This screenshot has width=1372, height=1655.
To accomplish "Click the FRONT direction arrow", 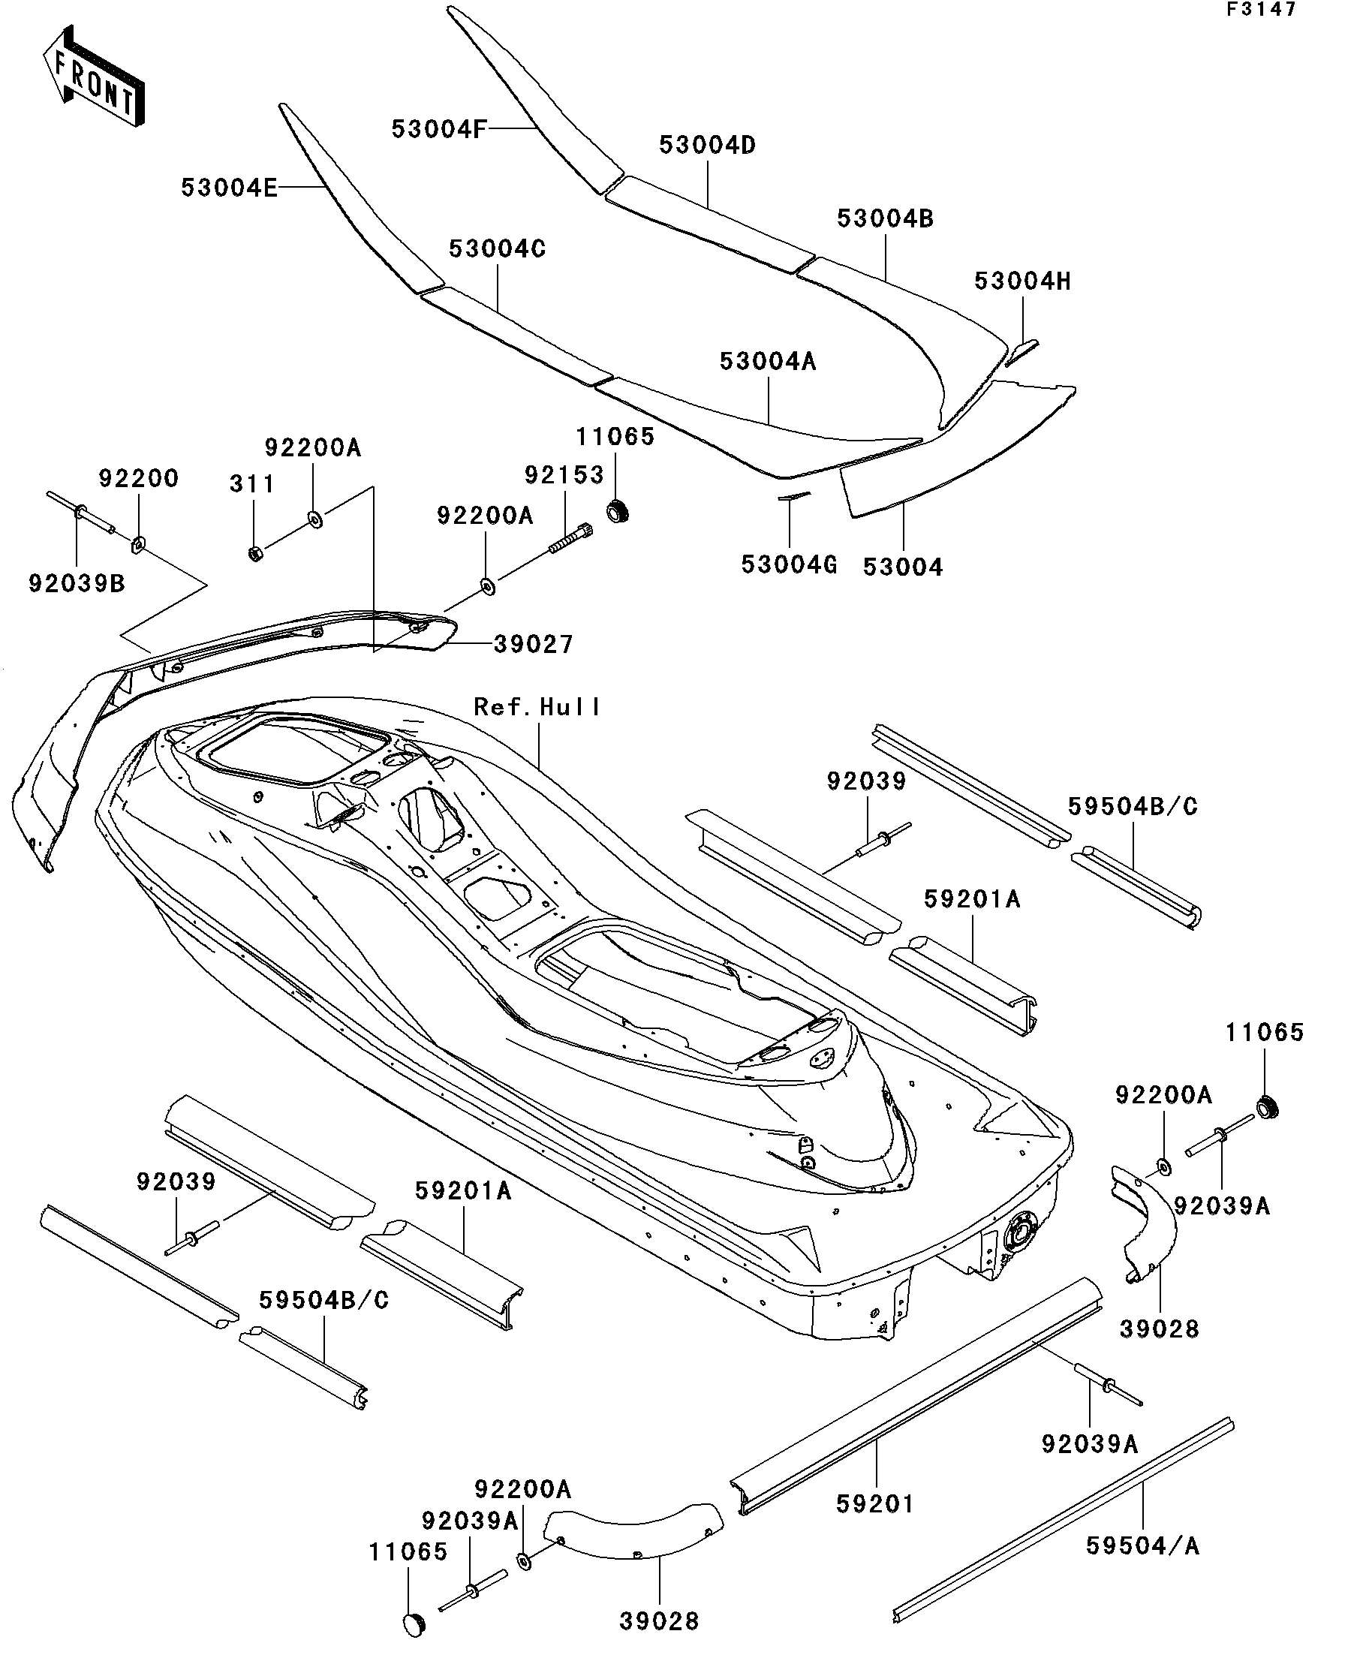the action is pos(94,77).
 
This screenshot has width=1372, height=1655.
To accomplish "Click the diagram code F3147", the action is pos(1260,10).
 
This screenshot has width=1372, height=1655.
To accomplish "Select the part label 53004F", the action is pos(440,129).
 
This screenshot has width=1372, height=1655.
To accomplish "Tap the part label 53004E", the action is pos(228,188).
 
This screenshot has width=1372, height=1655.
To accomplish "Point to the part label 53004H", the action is pos(1023,281).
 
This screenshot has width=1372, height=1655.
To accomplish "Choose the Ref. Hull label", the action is pos(537,707).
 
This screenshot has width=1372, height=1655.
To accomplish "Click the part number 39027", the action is pos(534,644).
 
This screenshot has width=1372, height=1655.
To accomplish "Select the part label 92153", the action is pos(564,474).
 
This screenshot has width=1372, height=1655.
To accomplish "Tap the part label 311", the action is pos(252,484).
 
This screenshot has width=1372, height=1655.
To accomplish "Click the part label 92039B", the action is pos(77,583).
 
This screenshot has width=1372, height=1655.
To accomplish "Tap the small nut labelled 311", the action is pos(255,553).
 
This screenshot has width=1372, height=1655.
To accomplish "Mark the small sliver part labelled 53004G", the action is pos(794,497).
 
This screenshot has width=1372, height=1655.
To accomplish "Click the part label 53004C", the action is pos(498,249).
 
